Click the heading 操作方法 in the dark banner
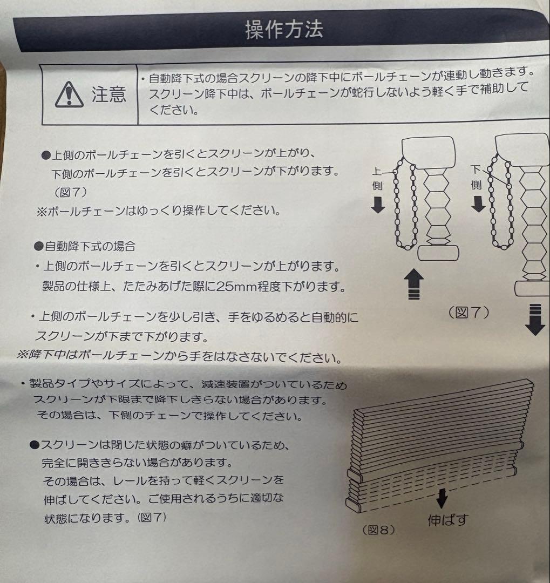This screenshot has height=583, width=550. point(284,29)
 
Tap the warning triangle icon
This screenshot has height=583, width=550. point(69,95)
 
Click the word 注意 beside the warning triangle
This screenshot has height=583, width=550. point(109,94)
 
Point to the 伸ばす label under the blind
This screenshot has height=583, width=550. point(448,519)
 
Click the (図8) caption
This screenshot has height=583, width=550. point(378,530)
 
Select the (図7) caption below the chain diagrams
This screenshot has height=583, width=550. point(468,313)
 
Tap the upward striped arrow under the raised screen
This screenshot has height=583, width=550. point(414,284)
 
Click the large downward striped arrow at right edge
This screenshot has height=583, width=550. point(535,320)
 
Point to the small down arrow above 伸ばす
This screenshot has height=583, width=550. point(442,499)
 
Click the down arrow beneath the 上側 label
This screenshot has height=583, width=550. point(378,205)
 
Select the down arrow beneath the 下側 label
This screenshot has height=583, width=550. point(478,205)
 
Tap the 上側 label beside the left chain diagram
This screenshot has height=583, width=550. point(377,179)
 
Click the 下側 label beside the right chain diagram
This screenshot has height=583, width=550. point(477,177)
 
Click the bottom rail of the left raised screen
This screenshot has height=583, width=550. point(438,253)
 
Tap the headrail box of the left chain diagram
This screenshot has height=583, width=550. point(429,152)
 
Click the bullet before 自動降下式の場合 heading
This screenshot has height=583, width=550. point(39,246)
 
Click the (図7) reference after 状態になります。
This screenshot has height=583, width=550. point(152,517)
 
